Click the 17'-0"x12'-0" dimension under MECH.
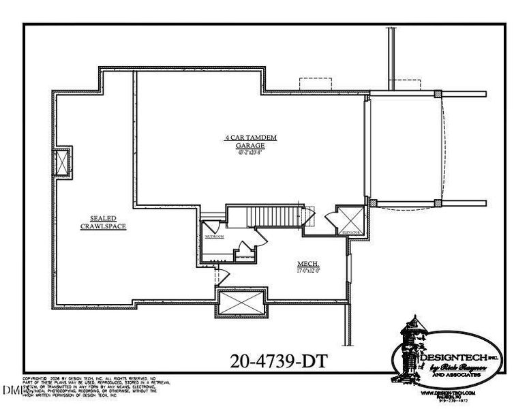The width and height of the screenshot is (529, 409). click(x=309, y=271)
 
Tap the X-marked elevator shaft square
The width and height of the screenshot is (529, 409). click(x=353, y=219)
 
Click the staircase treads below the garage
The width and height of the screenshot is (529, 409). click(x=273, y=216)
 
